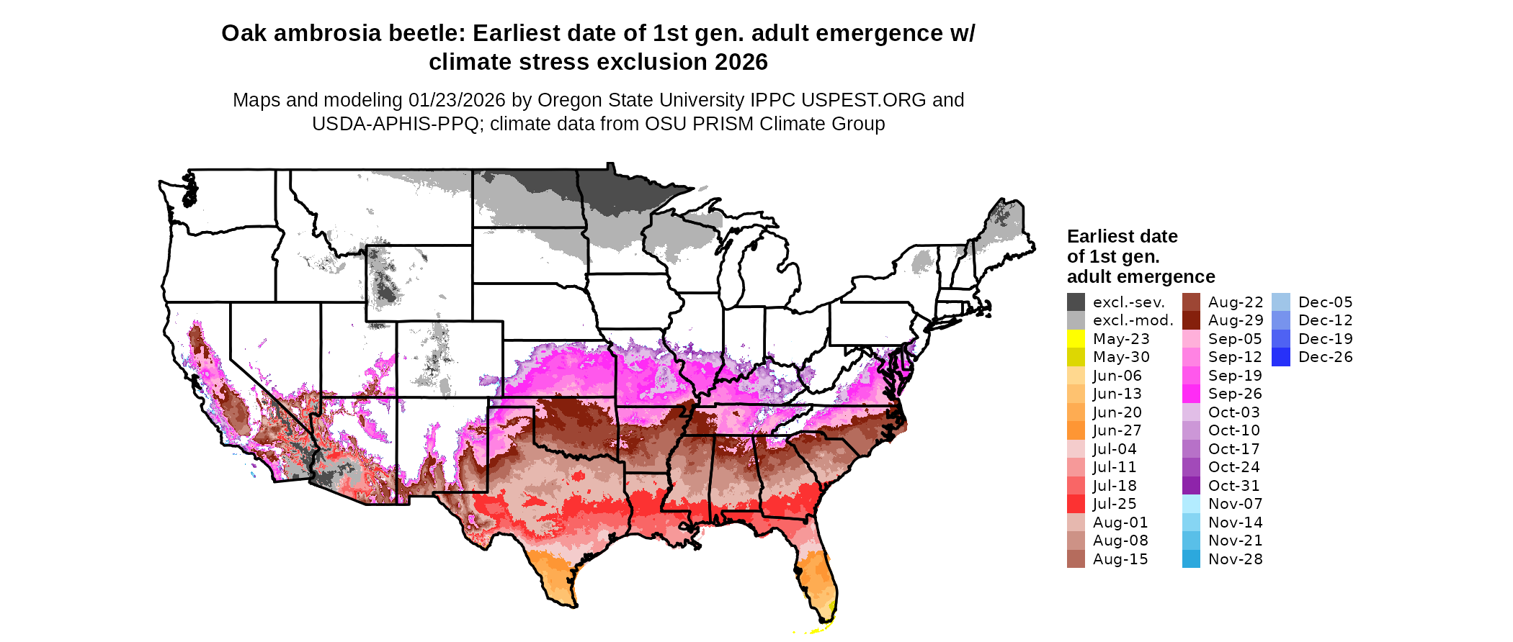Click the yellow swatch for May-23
pyautogui.click(x=1076, y=339)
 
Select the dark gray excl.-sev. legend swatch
pyautogui.click(x=1076, y=302)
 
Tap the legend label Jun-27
pyautogui.click(x=1117, y=430)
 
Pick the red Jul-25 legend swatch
pyautogui.click(x=1076, y=504)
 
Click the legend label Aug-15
pyautogui.click(x=1120, y=559)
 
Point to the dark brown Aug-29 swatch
pyautogui.click(x=1191, y=320)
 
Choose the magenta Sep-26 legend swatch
pyautogui.click(x=1191, y=394)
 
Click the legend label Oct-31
pyautogui.click(x=1234, y=486)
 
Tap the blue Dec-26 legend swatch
pyautogui.click(x=1281, y=357)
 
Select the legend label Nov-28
pyautogui.click(x=1235, y=559)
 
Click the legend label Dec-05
pyautogui.click(x=1326, y=302)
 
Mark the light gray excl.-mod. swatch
pyautogui.click(x=1076, y=320)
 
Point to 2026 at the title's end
pyautogui.click(x=741, y=63)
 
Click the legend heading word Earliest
pyautogui.click(x=1097, y=237)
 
